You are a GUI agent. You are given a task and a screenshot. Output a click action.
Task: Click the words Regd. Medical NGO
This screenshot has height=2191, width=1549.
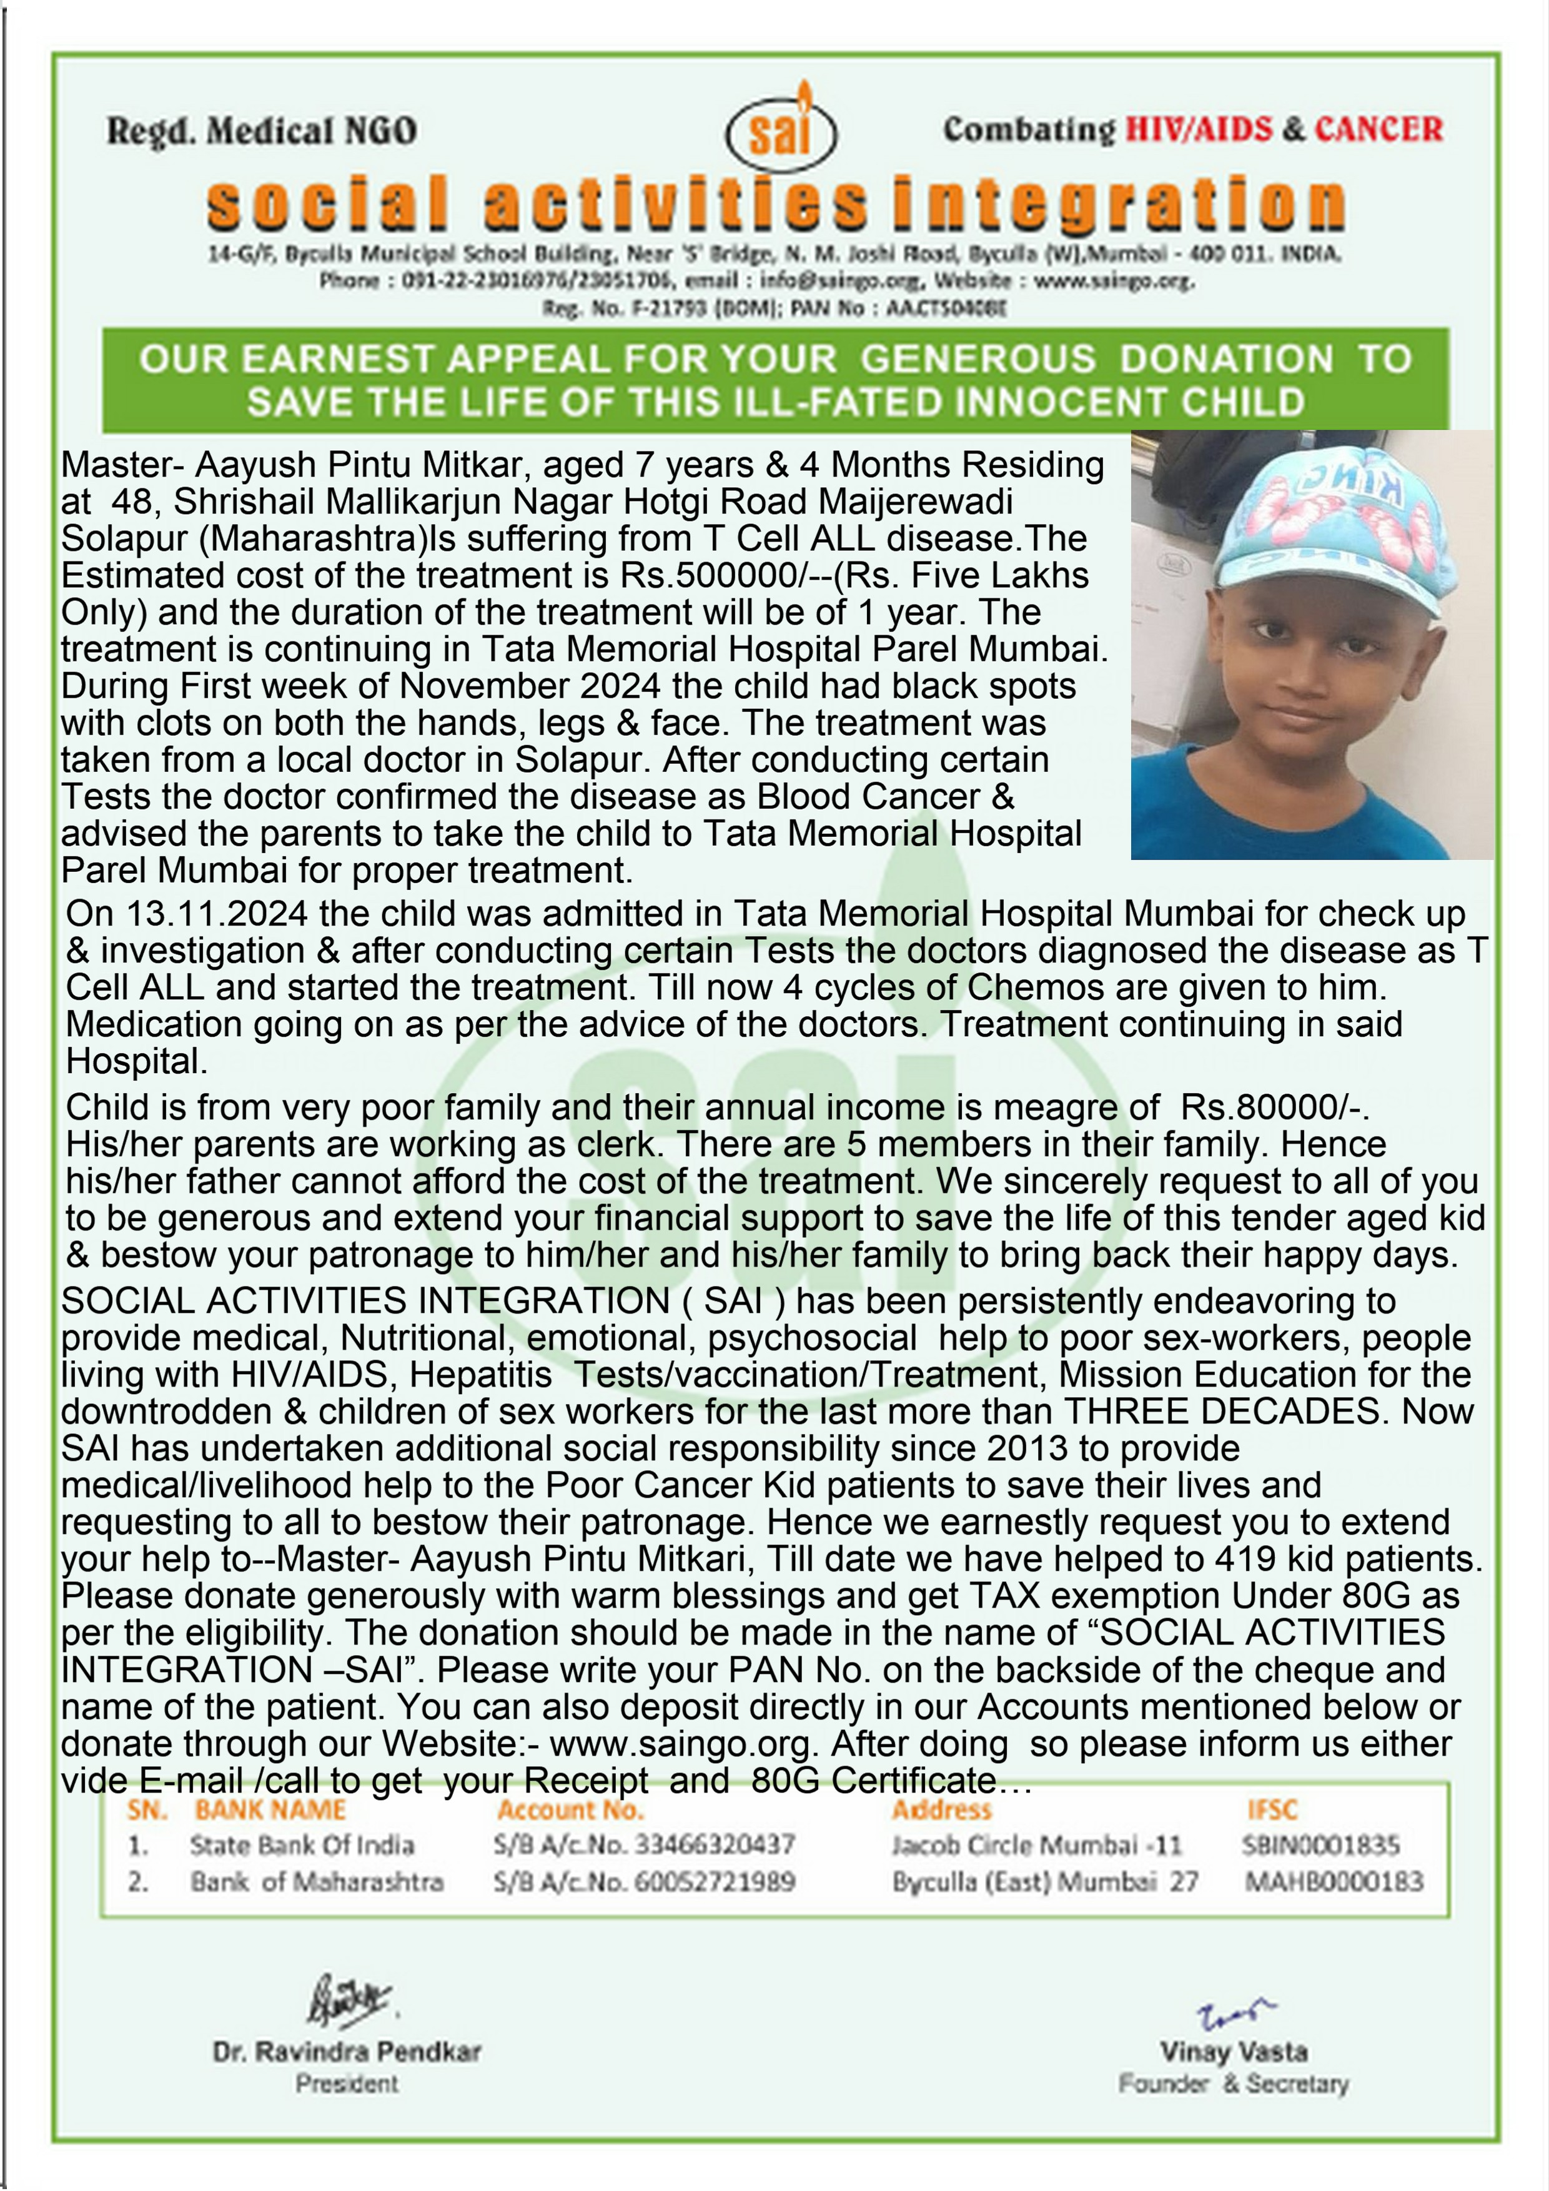(262, 131)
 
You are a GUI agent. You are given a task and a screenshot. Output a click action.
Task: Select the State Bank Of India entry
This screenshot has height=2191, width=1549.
(302, 1844)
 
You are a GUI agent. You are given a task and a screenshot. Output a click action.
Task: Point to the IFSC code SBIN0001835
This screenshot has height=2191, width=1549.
(1321, 1844)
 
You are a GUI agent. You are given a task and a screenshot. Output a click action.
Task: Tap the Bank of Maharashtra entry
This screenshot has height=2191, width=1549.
(317, 1882)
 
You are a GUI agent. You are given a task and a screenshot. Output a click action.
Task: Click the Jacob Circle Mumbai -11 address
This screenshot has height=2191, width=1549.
(1036, 1844)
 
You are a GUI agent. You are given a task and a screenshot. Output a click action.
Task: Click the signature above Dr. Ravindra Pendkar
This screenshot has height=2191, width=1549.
(349, 2000)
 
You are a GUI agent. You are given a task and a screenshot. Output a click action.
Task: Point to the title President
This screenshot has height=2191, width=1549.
(347, 2083)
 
